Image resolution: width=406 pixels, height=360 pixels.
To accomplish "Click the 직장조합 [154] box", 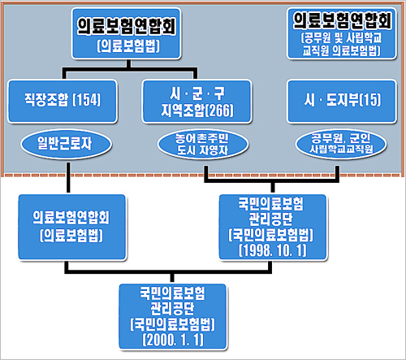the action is pyautogui.click(x=63, y=102).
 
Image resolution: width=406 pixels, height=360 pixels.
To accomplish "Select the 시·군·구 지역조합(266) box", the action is pyautogui.click(x=197, y=102).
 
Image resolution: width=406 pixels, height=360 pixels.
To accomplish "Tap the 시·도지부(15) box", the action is pyautogui.click(x=342, y=102).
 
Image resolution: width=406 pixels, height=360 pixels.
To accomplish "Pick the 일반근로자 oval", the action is pyautogui.click(x=66, y=144).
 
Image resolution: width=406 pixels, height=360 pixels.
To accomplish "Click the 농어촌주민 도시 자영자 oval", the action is pyautogui.click(x=203, y=144).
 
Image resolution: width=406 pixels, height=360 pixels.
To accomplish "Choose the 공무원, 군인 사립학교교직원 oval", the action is pyautogui.click(x=341, y=144).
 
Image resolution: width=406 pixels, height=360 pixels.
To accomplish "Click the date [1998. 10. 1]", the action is pyautogui.click(x=273, y=250).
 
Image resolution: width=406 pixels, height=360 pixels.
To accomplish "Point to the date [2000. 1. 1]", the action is pyautogui.click(x=173, y=340).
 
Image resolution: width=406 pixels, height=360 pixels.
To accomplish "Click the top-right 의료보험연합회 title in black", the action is pyautogui.click(x=342, y=20).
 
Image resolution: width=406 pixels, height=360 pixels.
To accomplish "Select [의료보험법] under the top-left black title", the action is pyautogui.click(x=128, y=46).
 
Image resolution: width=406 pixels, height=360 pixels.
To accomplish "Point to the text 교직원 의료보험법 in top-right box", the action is pyautogui.click(x=342, y=50).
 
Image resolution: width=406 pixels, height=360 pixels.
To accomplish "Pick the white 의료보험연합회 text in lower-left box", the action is pyautogui.click(x=71, y=218).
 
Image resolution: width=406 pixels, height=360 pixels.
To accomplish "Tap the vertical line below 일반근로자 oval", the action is pyautogui.click(x=68, y=178).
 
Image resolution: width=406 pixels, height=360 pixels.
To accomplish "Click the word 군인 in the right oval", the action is pyautogui.click(x=360, y=138).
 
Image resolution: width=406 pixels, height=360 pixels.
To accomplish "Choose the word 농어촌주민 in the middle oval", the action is pyautogui.click(x=201, y=138).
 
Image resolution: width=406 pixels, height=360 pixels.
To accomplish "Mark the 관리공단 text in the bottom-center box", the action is pyautogui.click(x=172, y=308).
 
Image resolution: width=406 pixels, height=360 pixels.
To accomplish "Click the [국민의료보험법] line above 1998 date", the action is pyautogui.click(x=270, y=235).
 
